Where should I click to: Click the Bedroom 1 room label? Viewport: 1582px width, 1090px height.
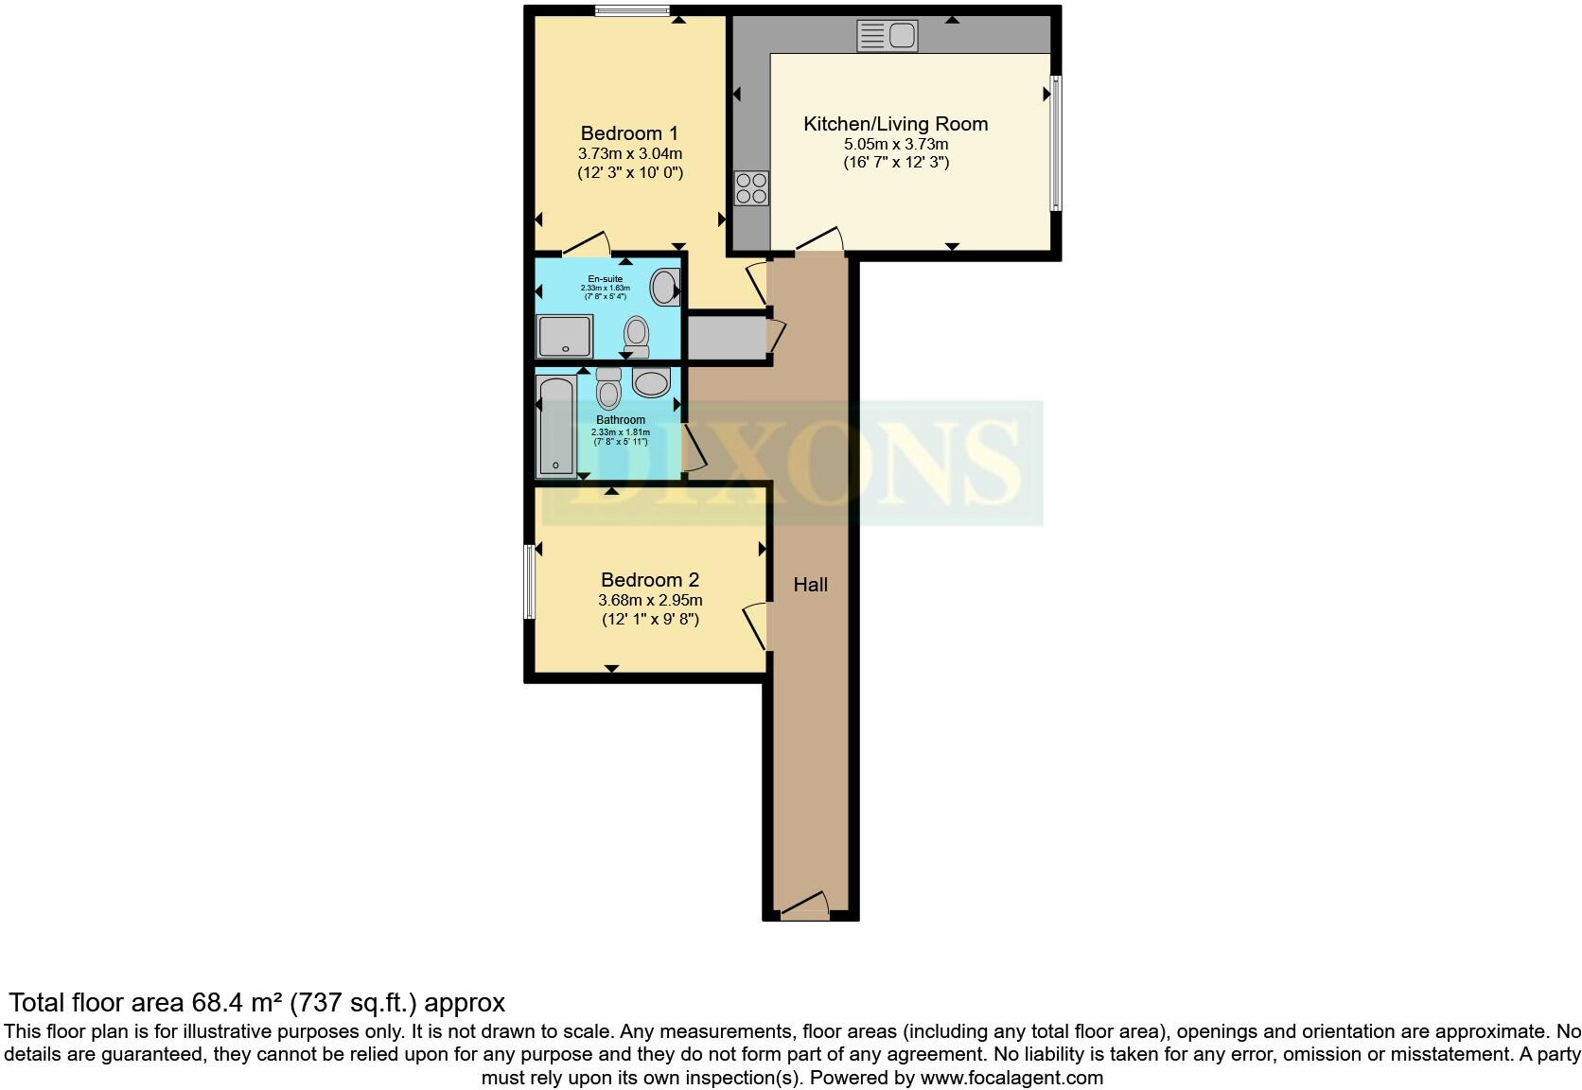629,133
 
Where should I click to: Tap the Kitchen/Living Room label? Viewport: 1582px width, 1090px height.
895,124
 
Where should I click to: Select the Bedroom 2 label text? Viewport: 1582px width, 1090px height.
650,580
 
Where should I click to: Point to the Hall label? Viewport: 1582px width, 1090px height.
810,585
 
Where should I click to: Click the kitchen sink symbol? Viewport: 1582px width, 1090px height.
887,36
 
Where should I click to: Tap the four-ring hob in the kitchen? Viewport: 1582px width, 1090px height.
751,188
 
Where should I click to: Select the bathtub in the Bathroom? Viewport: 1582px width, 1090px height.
555,426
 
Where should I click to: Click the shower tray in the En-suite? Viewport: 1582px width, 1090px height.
564,337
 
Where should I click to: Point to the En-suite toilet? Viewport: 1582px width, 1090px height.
637,335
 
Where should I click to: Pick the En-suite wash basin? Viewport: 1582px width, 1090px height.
665,287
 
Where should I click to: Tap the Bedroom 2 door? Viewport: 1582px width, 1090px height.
756,625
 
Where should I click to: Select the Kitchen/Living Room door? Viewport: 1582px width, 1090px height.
820,240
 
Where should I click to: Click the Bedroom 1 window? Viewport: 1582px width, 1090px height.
632,10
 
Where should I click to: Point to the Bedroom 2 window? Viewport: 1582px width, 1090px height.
529,581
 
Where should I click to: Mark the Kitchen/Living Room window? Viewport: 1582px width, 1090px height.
1056,143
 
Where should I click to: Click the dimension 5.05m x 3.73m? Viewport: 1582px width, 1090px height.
895,144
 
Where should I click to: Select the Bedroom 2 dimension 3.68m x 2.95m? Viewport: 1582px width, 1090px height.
650,600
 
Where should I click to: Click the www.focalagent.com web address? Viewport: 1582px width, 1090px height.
1011,1077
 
